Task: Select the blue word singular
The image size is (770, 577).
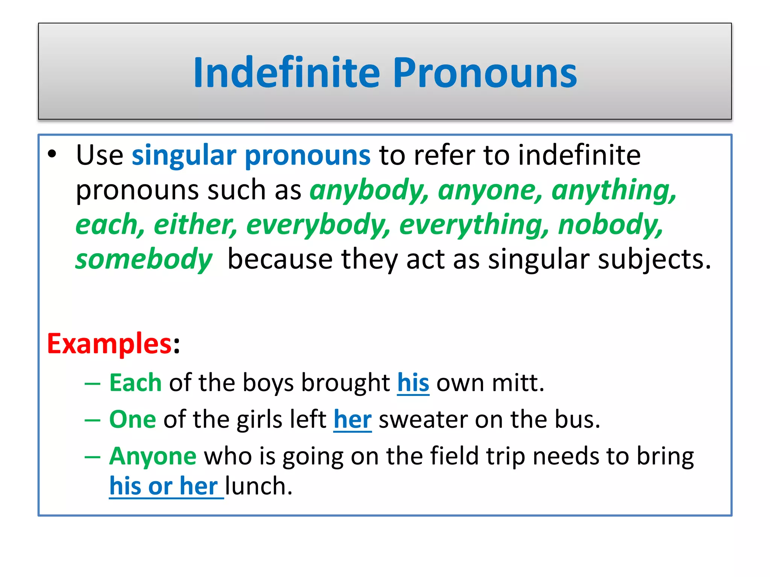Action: (184, 155)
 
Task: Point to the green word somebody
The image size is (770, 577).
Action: (144, 259)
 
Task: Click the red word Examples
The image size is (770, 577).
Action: (109, 344)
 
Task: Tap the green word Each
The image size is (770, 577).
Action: (135, 383)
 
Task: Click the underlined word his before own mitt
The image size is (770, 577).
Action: (413, 383)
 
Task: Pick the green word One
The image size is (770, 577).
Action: (132, 419)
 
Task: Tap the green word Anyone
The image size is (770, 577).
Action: (153, 456)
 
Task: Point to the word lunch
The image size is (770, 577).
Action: (259, 486)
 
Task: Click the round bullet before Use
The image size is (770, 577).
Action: (52, 154)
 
